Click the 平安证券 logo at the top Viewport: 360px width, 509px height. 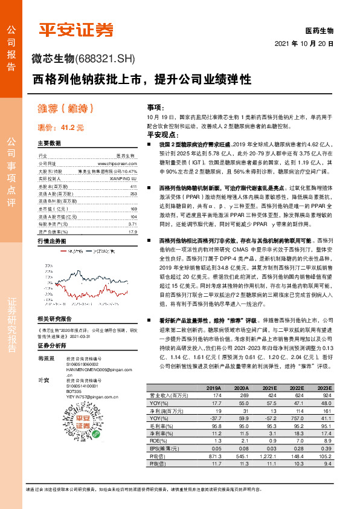[76, 29]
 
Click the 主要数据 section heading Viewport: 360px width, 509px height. [49, 144]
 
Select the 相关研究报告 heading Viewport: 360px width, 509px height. [54, 319]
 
